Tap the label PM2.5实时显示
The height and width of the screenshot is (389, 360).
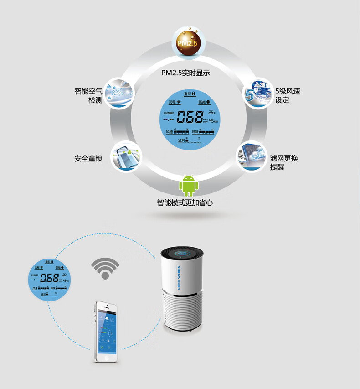[x=185, y=73]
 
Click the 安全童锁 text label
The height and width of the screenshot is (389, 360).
[x=88, y=159]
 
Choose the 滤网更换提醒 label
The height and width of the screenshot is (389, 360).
[x=284, y=162]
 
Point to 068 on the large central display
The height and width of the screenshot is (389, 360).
[x=190, y=118]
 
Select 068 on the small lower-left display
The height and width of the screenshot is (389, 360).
[x=49, y=278]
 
